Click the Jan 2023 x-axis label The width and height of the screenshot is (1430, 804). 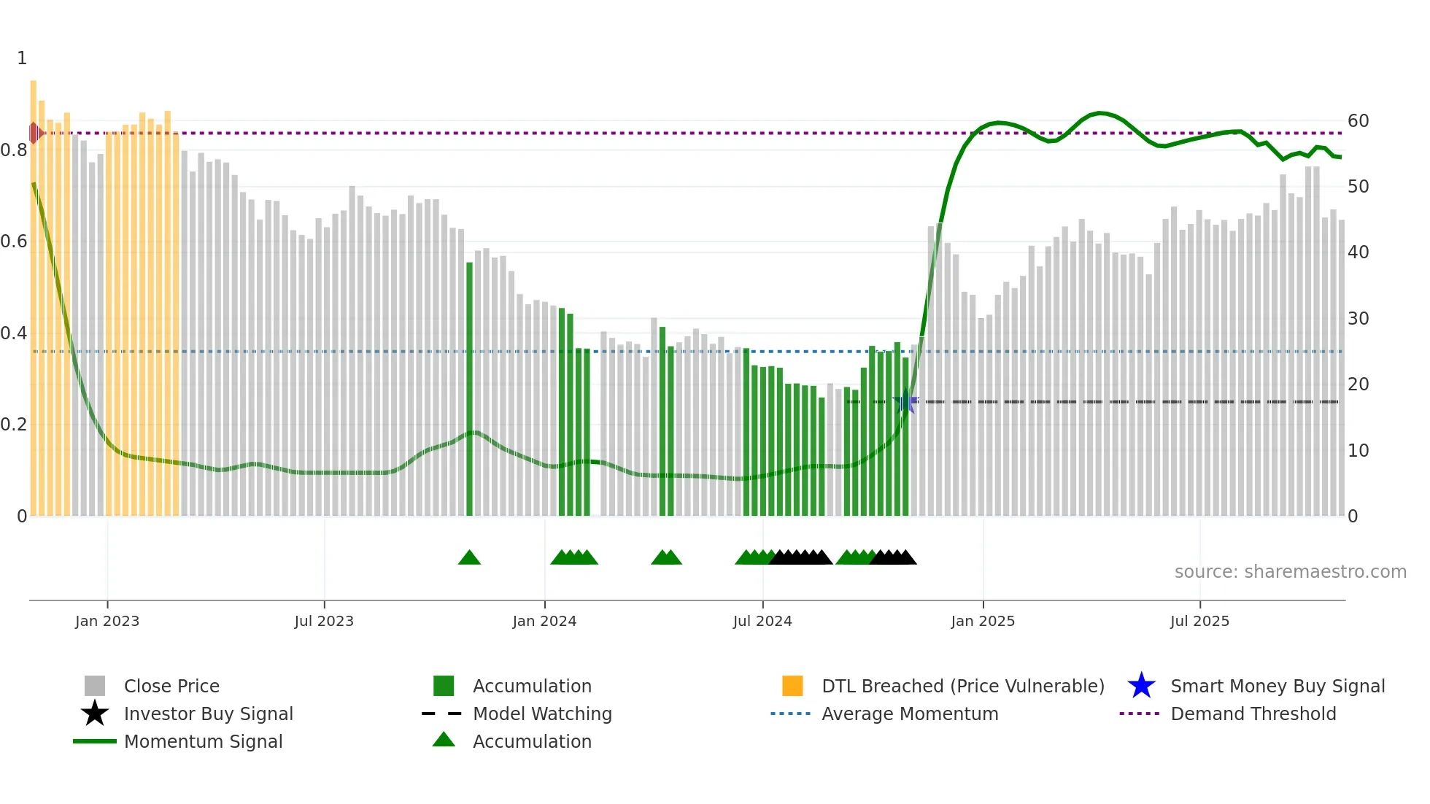point(107,621)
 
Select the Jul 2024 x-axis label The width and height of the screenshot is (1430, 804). point(762,621)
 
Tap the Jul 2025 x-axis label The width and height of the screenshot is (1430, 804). point(1199,621)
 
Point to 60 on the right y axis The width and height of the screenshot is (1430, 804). point(1358,121)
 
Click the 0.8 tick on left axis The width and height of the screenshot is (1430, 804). point(14,150)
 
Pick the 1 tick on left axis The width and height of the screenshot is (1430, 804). point(22,58)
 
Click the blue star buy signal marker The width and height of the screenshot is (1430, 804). point(905,401)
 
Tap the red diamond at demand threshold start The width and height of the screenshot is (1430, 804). point(34,133)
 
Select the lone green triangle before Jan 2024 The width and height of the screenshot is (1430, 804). point(469,558)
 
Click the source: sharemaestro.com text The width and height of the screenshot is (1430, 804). point(1290,572)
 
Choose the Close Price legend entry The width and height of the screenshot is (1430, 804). point(171,686)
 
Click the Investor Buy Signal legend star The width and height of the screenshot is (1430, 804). point(95,714)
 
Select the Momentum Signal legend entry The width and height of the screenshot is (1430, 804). point(203,741)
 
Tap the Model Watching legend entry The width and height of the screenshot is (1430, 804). point(542,714)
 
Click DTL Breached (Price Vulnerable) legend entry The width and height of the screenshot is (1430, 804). point(962,686)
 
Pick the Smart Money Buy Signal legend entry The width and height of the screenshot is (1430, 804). point(1277,686)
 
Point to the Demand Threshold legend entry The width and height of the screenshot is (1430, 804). point(1253,714)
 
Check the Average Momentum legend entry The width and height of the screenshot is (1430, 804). point(910,714)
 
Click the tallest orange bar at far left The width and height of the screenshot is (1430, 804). point(34,292)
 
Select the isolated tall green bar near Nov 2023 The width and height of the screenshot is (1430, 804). point(469,387)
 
